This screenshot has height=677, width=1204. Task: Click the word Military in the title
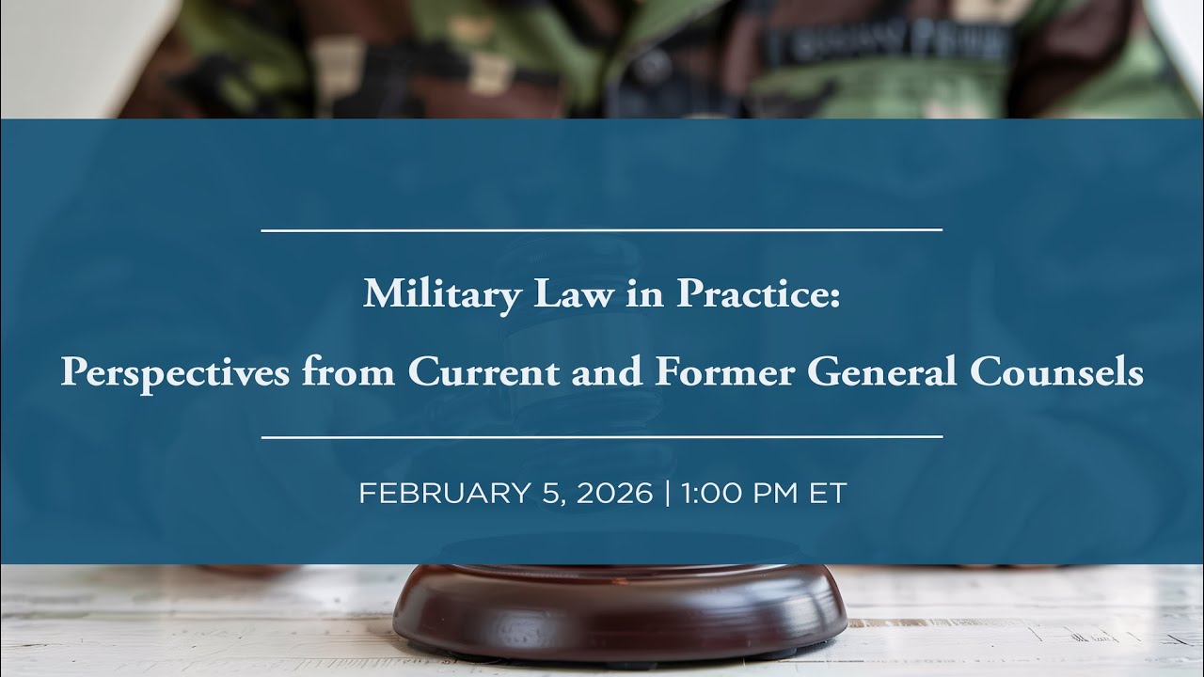pyautogui.click(x=442, y=294)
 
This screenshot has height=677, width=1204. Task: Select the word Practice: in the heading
pyautogui.click(x=758, y=293)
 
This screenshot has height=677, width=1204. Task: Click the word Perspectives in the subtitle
pyautogui.click(x=175, y=372)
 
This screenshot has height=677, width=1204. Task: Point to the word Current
pyautogui.click(x=483, y=371)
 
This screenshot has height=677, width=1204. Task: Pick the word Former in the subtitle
pyautogui.click(x=725, y=370)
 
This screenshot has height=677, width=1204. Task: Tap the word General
pyautogui.click(x=882, y=370)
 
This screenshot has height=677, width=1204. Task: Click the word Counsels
pyautogui.click(x=1056, y=370)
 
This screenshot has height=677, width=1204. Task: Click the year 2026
pyautogui.click(x=615, y=493)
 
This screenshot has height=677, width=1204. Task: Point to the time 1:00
pyautogui.click(x=712, y=493)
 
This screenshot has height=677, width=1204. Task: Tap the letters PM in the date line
pyautogui.click(x=776, y=493)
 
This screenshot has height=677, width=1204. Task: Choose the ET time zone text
pyautogui.click(x=828, y=493)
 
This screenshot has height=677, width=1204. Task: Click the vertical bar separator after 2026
pyautogui.click(x=668, y=494)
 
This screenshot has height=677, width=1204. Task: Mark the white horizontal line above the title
pyautogui.click(x=601, y=230)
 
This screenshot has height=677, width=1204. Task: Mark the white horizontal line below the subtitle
pyautogui.click(x=602, y=437)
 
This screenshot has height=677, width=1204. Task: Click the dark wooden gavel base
pyautogui.click(x=620, y=611)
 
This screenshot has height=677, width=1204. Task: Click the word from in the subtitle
pyautogui.click(x=348, y=370)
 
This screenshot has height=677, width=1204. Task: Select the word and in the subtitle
pyautogui.click(x=607, y=370)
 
